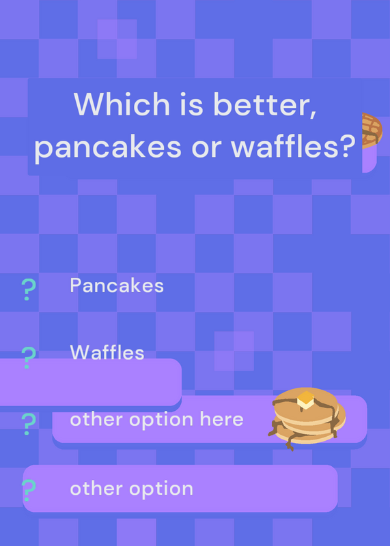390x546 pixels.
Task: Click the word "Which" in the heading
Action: pyautogui.click(x=122, y=104)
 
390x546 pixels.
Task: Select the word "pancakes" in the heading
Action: pyautogui.click(x=108, y=147)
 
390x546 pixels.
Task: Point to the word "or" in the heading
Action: pyautogui.click(x=206, y=148)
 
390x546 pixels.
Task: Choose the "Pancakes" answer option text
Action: pyautogui.click(x=117, y=285)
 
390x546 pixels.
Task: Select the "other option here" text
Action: pyautogui.click(x=156, y=419)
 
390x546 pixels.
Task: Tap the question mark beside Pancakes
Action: pyautogui.click(x=29, y=289)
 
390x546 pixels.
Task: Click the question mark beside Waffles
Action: pyautogui.click(x=29, y=358)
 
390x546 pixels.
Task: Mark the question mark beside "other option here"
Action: pyautogui.click(x=29, y=424)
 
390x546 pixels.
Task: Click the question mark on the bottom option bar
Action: pyautogui.click(x=29, y=490)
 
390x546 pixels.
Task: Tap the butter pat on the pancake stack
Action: pyautogui.click(x=305, y=399)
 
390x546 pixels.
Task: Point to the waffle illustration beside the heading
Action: pyautogui.click(x=372, y=130)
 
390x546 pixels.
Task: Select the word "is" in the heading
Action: pyautogui.click(x=191, y=104)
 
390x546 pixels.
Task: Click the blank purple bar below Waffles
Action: pyautogui.click(x=91, y=382)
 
